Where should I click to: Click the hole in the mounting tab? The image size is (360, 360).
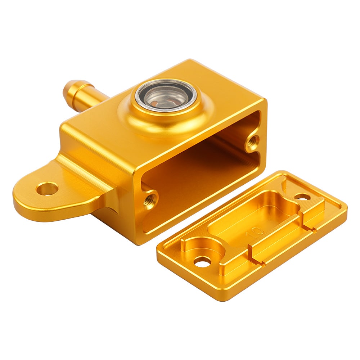47,189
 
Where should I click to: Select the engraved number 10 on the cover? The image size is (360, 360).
255,232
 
